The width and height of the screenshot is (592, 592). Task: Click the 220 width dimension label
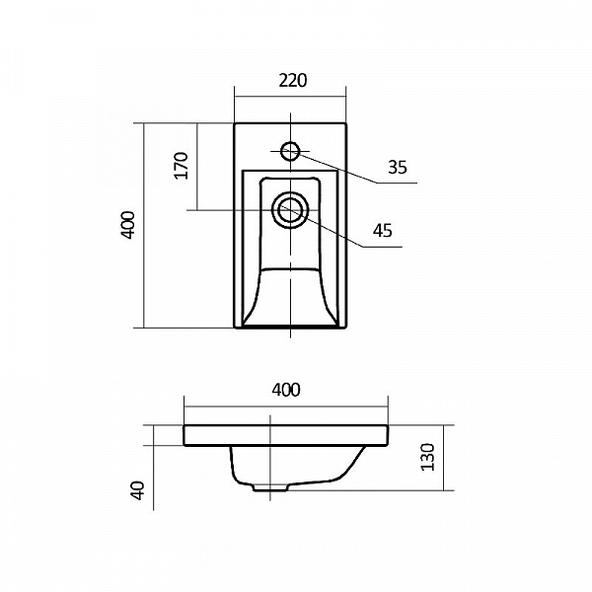[x=290, y=82]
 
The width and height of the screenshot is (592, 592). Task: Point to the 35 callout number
[x=397, y=168]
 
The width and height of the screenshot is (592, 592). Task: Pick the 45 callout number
[x=383, y=231]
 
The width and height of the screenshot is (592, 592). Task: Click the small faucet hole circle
[x=290, y=151]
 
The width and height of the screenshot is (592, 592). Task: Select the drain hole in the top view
[x=290, y=210]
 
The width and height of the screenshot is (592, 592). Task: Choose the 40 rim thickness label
[x=138, y=489]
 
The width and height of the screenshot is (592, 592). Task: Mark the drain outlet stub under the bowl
[x=264, y=486]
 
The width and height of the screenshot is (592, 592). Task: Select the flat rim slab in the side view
[x=286, y=435]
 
